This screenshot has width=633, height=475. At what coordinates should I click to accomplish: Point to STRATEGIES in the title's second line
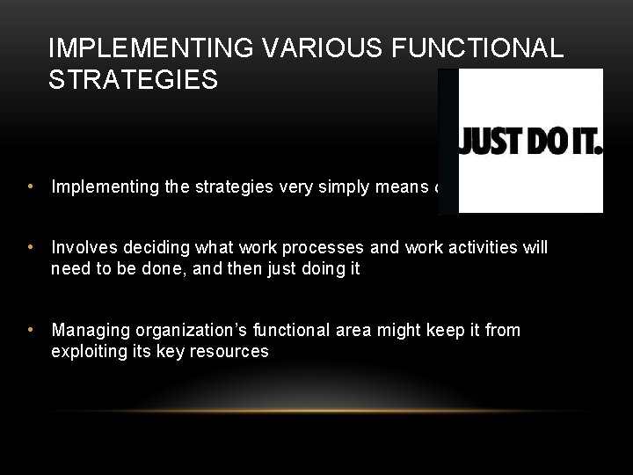tap(135, 80)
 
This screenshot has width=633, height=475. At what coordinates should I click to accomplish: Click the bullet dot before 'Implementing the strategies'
tap(31, 186)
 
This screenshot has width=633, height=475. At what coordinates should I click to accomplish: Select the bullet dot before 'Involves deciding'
tap(31, 249)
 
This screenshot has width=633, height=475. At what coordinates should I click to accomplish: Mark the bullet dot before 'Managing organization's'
tap(31, 330)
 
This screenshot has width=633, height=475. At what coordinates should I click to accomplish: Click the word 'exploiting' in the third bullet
tap(87, 350)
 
